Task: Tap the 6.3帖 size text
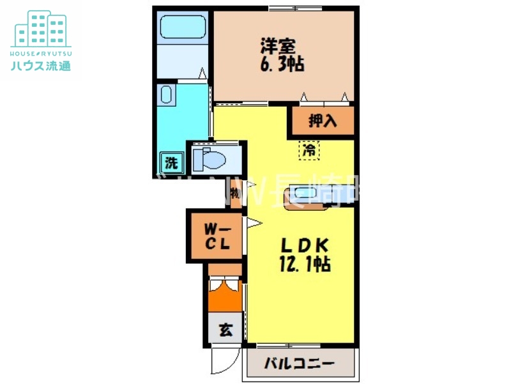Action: tap(281, 63)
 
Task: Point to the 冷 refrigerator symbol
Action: tap(309, 151)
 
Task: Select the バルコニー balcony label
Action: tap(299, 365)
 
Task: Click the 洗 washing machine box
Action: tap(171, 162)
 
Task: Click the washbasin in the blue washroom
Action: tap(167, 95)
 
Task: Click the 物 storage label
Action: tap(234, 193)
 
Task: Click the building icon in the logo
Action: tap(41, 29)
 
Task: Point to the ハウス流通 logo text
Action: tap(41, 65)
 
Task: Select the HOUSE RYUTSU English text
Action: tap(41, 53)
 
